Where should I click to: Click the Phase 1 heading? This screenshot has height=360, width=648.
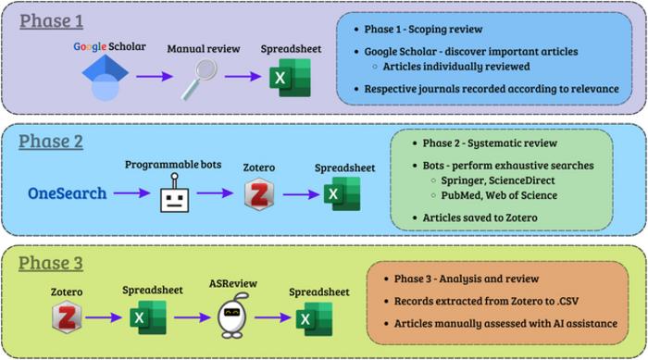(x=51, y=21)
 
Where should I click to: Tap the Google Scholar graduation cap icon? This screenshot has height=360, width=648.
(x=105, y=78)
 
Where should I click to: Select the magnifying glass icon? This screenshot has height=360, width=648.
(x=199, y=79)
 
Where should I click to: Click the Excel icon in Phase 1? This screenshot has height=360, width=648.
(x=290, y=78)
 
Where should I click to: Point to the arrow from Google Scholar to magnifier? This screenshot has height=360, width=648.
(x=155, y=76)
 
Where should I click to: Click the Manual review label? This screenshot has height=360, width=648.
(x=204, y=49)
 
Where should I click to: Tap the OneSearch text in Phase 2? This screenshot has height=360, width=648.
(x=68, y=193)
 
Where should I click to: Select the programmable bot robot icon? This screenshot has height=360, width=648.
(x=175, y=193)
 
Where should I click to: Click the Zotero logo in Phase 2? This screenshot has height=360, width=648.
(x=259, y=193)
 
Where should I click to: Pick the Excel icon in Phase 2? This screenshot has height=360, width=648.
(x=343, y=193)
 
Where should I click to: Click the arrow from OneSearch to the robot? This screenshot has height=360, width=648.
(x=131, y=192)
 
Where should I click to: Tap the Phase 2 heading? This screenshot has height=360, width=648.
(x=51, y=142)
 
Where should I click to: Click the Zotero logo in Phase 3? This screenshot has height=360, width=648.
(x=67, y=317)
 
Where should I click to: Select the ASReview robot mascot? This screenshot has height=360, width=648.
(x=232, y=316)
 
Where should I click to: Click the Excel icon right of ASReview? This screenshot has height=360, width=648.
(x=315, y=318)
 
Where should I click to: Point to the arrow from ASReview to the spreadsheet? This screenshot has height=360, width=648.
(x=273, y=317)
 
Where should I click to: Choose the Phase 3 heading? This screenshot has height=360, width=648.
(x=51, y=263)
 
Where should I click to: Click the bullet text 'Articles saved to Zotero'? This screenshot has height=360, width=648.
(x=480, y=217)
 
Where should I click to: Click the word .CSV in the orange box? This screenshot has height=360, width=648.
(x=567, y=302)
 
